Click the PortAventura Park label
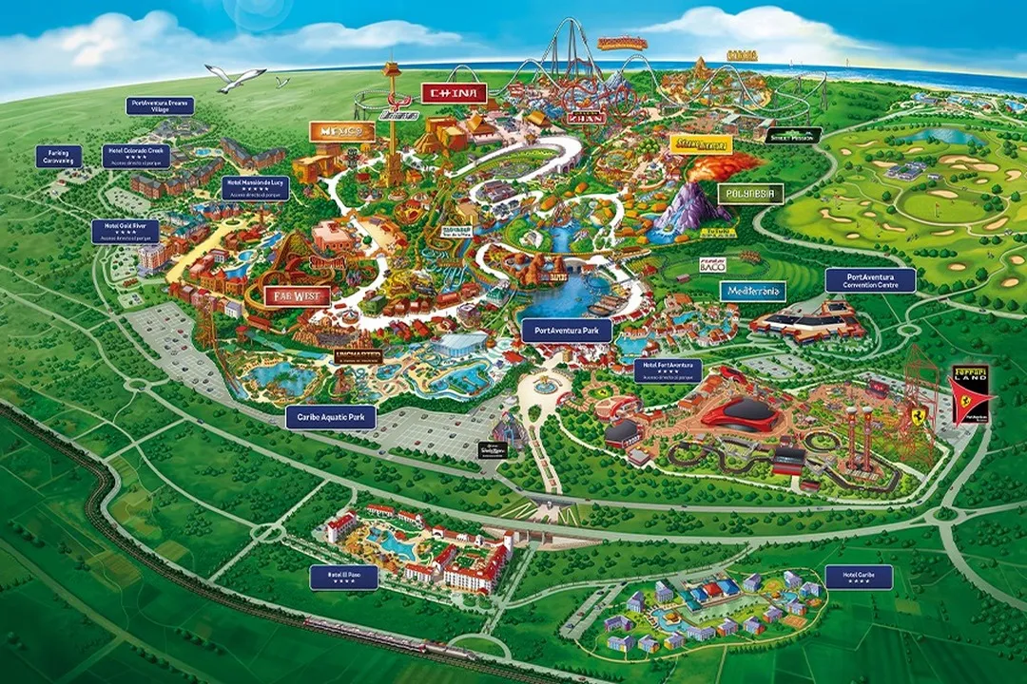(567, 331)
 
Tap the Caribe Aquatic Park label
(331, 417)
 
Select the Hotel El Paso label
(343, 577)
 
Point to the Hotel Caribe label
(859, 577)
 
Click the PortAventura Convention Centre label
(869, 280)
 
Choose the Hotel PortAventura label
(668, 370)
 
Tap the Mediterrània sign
(752, 292)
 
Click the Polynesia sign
(750, 195)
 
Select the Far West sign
(297, 295)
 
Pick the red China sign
(454, 93)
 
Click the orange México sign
(341, 132)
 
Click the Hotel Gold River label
(125, 232)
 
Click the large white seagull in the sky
(235, 78)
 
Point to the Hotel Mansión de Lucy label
(255, 187)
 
